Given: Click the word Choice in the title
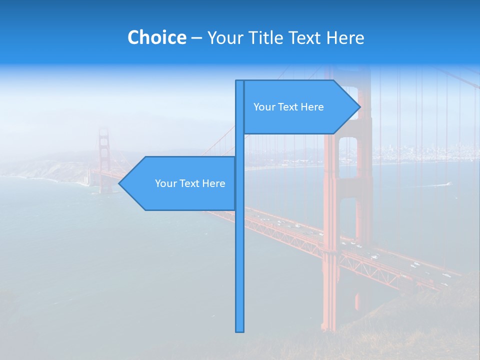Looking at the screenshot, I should [156, 37].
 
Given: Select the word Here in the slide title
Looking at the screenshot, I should [345, 37].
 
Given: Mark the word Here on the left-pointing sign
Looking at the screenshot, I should [213, 183].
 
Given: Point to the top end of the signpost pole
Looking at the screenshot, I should [240, 81].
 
